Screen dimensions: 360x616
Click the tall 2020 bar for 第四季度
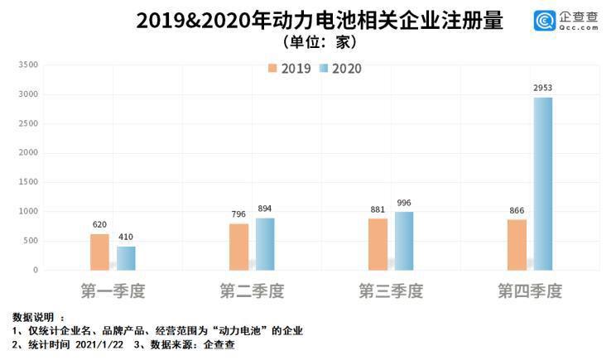[x=543, y=184]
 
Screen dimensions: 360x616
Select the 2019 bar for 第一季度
[x=99, y=252]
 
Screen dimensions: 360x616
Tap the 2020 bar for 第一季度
[x=126, y=258]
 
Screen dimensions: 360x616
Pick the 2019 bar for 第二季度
[x=238, y=247]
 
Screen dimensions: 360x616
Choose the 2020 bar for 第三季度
[x=404, y=241]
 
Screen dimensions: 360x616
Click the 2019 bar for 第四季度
[x=517, y=244]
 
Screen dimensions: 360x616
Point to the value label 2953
[x=543, y=87]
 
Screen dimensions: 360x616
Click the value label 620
[x=99, y=224]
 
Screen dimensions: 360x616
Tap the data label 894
[x=265, y=208]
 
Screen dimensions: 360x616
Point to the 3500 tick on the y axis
[x=28, y=65]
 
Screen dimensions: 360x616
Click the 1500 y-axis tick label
[x=28, y=182]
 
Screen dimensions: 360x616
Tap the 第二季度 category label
[x=252, y=291]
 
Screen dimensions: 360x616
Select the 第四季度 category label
[x=530, y=291]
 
